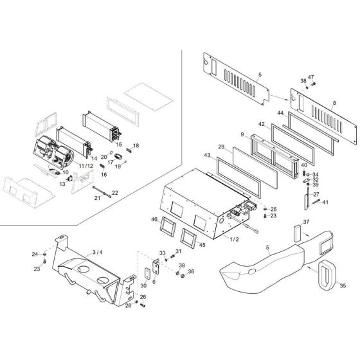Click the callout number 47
coord(310,78)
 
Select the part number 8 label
coord(335,103)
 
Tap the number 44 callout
coord(280,113)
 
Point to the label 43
coord(207,156)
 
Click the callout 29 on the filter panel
coord(221,148)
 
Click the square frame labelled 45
coord(190,237)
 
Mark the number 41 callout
coord(325,203)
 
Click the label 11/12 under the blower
coord(85,166)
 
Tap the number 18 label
coord(136,146)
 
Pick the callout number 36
coord(191,271)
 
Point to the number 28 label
coord(128,305)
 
